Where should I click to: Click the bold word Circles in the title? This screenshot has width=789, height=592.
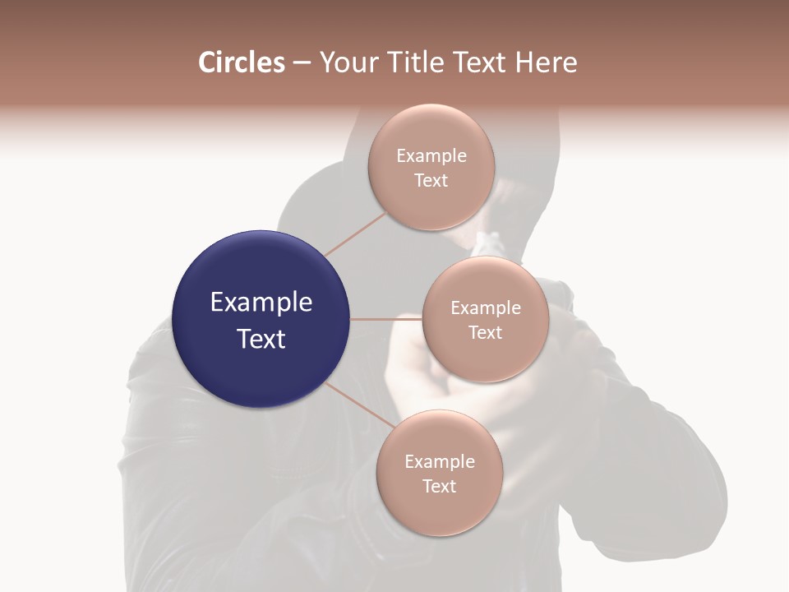click(242, 62)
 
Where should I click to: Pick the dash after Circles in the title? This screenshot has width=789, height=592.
click(302, 63)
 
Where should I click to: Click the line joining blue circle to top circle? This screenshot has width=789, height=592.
click(355, 233)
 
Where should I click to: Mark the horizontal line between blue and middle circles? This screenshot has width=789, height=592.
click(385, 319)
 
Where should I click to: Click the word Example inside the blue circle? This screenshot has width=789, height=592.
click(261, 303)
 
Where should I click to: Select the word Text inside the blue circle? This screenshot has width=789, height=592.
click(261, 339)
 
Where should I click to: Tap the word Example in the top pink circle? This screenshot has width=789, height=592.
click(431, 156)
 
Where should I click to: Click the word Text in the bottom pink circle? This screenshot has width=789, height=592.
click(439, 487)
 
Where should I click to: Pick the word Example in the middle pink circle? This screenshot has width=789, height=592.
click(485, 308)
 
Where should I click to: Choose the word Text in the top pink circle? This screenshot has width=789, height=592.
click(431, 181)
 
